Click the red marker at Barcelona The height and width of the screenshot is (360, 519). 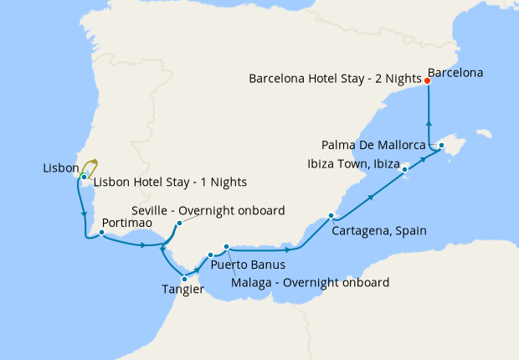[428, 81]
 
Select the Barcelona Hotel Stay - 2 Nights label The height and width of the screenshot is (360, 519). [335, 79]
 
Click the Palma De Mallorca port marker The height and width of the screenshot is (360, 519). [441, 147]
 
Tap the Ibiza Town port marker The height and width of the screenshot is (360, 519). [405, 170]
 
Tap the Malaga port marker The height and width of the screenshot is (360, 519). [226, 246]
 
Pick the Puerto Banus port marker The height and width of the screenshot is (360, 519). [210, 255]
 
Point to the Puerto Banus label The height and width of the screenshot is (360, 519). [242, 265]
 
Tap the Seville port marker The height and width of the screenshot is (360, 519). [179, 224]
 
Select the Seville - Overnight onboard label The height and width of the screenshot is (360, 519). [208, 210]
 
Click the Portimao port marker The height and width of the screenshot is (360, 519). [101, 234]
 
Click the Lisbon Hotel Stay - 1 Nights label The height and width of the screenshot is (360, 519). [170, 182]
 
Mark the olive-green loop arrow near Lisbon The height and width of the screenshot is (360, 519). [90, 166]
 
